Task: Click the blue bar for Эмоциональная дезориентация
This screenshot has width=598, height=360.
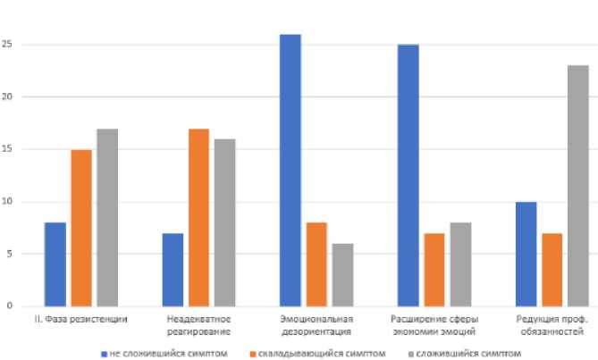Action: pos(290,170)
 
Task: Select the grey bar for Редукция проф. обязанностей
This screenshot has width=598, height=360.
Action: pos(577,185)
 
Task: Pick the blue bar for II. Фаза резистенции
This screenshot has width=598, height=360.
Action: pos(55,264)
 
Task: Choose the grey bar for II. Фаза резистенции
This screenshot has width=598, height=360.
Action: pos(107,217)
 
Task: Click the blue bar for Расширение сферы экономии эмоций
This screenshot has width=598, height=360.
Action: pos(408,175)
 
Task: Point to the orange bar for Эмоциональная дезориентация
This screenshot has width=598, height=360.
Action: pos(316,264)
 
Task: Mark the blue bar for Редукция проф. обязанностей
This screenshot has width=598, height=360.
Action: pos(526,254)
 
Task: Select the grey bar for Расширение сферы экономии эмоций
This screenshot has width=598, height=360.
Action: pos(460,264)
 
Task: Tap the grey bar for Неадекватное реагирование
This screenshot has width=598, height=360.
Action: pos(225,222)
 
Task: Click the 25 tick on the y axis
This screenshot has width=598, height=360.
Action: pos(6,45)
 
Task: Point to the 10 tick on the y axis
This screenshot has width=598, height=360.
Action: pos(6,202)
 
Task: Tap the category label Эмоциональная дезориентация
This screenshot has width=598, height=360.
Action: pos(316,324)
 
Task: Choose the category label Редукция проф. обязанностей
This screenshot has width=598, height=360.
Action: pos(552,324)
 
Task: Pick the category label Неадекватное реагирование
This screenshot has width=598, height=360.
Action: pos(198,324)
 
